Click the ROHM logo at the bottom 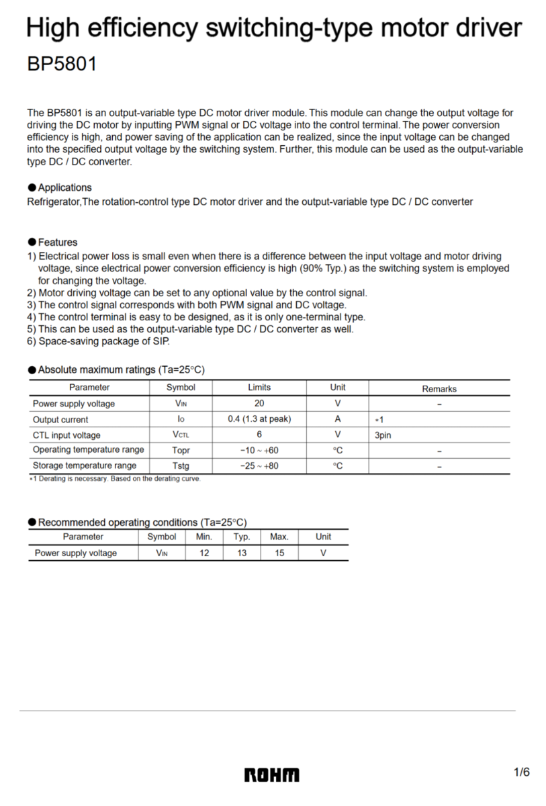272,775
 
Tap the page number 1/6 522,772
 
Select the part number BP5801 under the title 62,64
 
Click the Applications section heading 64,187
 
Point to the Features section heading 58,242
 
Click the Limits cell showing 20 259,404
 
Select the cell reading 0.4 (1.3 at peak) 259,419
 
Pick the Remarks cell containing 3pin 383,435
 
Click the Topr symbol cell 181,450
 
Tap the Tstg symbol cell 181,465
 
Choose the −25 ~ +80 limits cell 259,465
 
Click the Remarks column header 439,389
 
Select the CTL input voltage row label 66,435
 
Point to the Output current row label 60,420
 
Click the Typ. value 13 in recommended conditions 242,553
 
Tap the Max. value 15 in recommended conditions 279,553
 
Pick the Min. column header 204,537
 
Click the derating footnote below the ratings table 114,479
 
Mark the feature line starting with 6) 99,341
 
